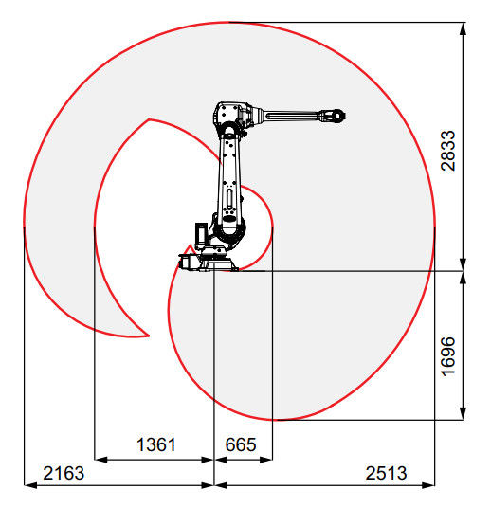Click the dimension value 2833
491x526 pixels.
point(448,151)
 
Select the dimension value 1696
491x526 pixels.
point(448,356)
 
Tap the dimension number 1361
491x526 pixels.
point(156,444)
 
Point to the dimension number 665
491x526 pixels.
point(241,444)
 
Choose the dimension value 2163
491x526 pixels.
point(64,473)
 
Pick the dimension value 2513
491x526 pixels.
point(387,473)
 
